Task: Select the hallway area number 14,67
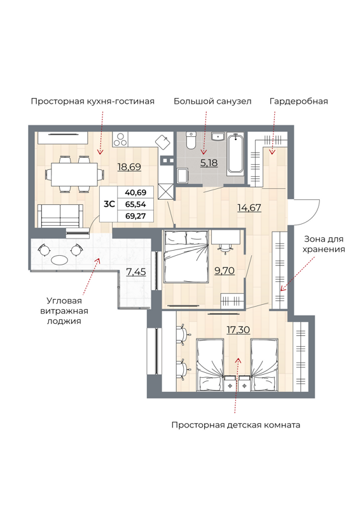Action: [x=249, y=207]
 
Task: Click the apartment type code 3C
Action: [x=109, y=204]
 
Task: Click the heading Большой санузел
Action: [x=212, y=101]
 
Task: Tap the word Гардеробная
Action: [x=298, y=101]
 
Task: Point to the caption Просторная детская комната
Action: [x=236, y=424]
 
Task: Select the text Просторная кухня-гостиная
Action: [x=92, y=101]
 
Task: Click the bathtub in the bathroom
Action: [x=236, y=153]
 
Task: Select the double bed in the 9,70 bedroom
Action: [x=186, y=256]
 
